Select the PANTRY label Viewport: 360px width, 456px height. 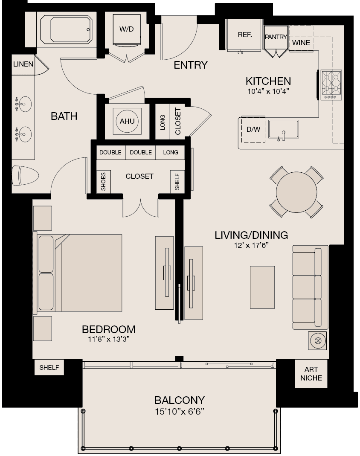coord(276,37)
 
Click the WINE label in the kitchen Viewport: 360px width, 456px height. coord(301,43)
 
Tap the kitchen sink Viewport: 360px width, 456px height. coord(283,130)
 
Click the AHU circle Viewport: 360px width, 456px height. coord(127,121)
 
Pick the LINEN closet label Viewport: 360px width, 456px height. coord(23,64)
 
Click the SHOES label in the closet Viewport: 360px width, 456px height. coord(103,181)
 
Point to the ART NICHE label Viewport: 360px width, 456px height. coord(314,374)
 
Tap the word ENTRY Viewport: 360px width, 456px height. coord(191,65)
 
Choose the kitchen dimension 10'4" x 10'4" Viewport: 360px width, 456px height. coord(268,91)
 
